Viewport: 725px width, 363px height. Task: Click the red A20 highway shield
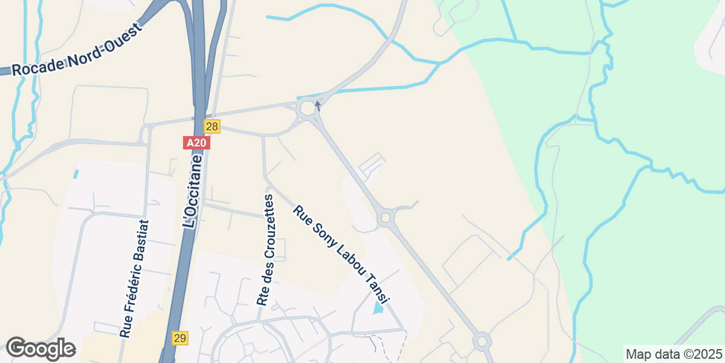[x=196, y=143]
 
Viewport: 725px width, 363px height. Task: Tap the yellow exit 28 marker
[x=212, y=126]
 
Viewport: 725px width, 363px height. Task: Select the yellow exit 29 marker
[x=179, y=338]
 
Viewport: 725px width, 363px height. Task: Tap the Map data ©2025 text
[x=673, y=353]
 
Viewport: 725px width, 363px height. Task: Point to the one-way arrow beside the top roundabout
[x=318, y=106]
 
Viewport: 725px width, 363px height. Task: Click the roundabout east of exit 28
[x=307, y=109]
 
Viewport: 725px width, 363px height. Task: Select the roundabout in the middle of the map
[x=385, y=217]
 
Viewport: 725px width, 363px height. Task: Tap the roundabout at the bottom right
[x=482, y=341]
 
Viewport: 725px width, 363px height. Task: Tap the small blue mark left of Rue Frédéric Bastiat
[x=76, y=174]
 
